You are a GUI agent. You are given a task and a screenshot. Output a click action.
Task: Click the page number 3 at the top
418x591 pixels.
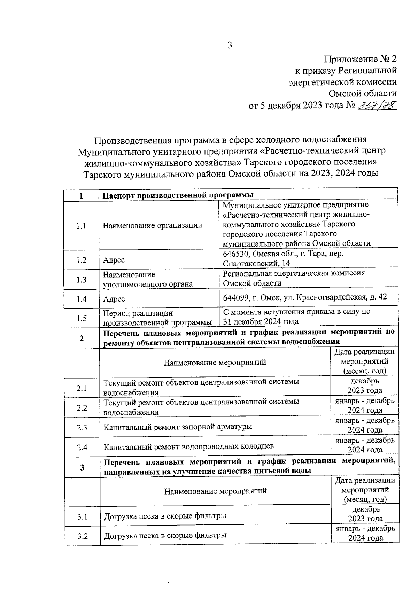(230, 46)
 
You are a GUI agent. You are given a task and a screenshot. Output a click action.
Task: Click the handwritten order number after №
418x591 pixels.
(377, 105)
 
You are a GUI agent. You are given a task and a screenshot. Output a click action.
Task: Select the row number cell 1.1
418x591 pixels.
(81, 226)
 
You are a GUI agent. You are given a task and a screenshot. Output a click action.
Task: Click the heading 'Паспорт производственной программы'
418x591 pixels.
(178, 195)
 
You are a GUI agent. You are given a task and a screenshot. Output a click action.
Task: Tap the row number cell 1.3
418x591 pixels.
(81, 280)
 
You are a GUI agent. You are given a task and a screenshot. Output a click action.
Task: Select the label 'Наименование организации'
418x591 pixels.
(152, 225)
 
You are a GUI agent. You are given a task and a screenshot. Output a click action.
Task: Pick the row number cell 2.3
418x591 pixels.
(82, 427)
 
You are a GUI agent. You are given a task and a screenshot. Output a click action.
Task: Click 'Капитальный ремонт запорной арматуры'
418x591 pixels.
(178, 427)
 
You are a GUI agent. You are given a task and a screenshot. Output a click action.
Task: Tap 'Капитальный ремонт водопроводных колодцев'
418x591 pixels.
(188, 446)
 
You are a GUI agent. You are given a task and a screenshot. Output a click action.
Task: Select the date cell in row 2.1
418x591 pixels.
(364, 386)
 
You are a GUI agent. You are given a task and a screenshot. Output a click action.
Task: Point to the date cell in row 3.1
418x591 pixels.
(365, 514)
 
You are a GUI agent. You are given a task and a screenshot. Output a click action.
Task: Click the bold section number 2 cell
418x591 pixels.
(82, 338)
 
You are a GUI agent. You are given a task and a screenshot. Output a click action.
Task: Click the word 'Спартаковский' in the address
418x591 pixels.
(247, 263)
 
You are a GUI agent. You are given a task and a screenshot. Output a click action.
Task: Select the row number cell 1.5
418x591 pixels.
(81, 318)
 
